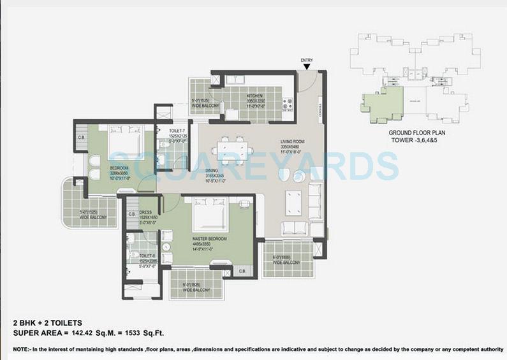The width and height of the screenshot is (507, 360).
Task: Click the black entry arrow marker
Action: [307, 66]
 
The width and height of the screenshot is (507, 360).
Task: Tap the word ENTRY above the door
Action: [307, 60]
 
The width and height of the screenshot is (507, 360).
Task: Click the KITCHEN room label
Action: [255, 96]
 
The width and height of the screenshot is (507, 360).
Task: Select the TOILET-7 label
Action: [177, 131]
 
